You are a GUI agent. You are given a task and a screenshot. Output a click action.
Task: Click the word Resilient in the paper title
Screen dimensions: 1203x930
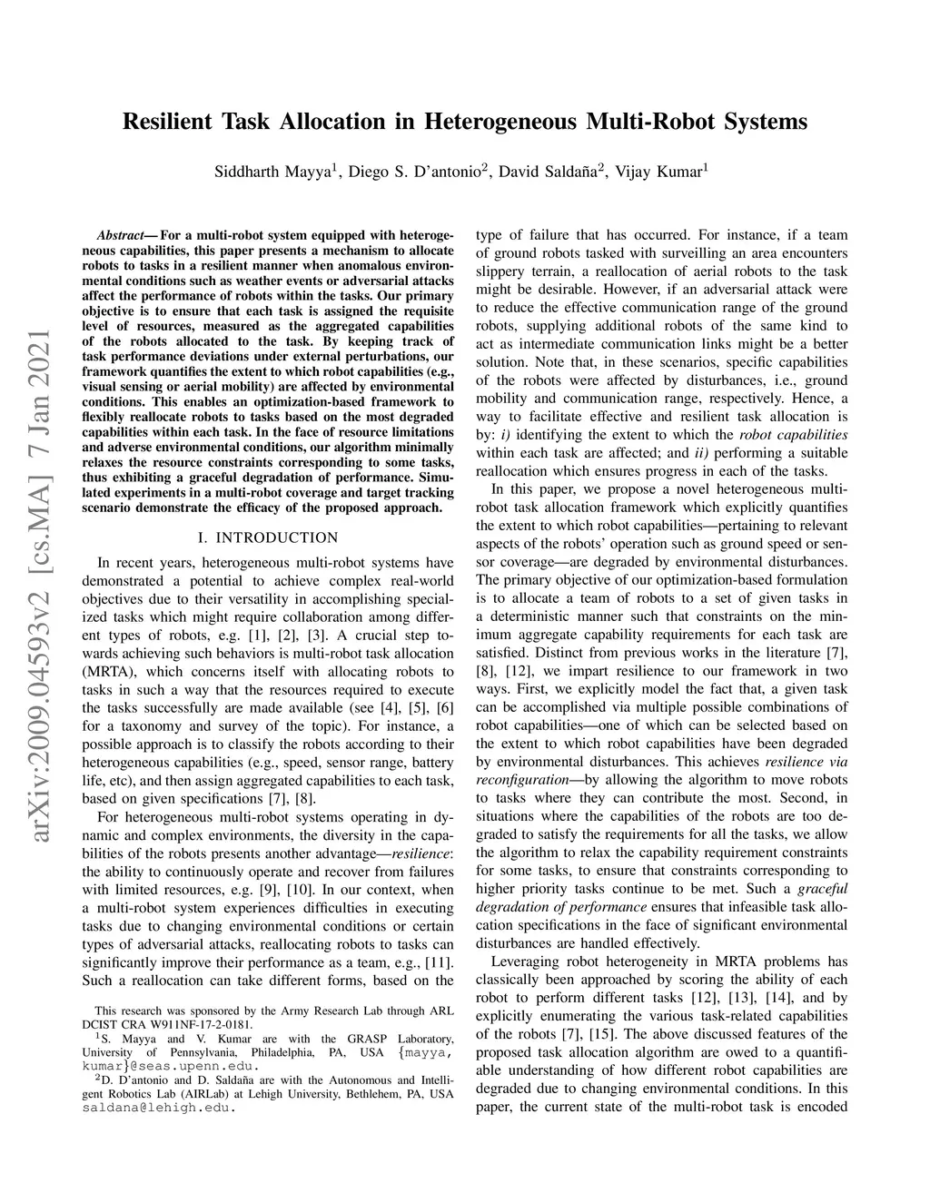tap(166, 121)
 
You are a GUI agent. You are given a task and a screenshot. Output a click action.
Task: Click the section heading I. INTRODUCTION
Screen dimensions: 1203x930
tap(268, 537)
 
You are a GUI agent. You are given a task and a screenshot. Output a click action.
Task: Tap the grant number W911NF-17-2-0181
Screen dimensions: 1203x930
tap(186, 1022)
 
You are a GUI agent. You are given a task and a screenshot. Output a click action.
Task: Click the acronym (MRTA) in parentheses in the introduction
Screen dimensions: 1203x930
tap(108, 672)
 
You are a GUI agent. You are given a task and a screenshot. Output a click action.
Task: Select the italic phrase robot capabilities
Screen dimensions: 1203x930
tap(787, 435)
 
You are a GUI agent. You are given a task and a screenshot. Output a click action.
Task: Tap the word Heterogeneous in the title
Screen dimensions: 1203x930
tap(501, 121)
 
